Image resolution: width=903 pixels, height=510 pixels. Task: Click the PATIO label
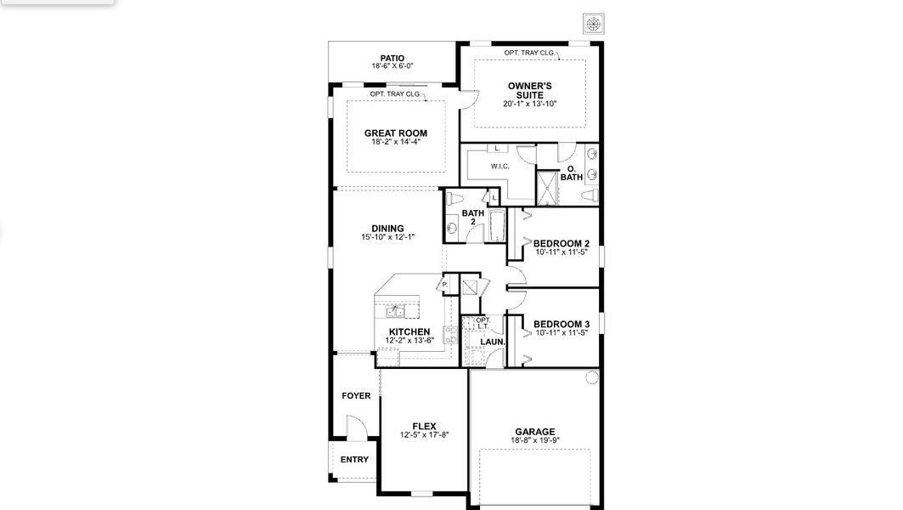point(392,59)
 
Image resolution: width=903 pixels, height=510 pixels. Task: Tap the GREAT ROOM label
point(395,133)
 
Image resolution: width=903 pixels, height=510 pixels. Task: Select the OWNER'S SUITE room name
point(530,90)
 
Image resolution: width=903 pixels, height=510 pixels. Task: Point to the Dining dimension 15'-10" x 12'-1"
point(387,237)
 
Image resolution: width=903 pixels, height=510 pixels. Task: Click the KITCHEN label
point(409,331)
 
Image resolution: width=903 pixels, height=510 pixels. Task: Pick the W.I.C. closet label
point(499,166)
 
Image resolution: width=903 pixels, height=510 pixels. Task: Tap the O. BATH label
point(572,173)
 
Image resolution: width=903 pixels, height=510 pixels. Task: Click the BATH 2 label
point(473,217)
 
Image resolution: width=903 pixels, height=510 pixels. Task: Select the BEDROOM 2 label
point(561,244)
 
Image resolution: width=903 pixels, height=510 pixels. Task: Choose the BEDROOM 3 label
point(561,325)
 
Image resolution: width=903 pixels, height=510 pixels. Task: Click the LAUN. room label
point(493,342)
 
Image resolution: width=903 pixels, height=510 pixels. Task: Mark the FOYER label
point(356,396)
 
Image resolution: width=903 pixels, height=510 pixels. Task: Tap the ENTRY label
point(354,460)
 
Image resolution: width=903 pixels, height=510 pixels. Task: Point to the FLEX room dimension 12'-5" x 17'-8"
point(424,434)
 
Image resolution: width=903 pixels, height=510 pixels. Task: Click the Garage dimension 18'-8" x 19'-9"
point(534,440)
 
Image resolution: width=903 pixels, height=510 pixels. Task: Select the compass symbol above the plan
point(593,23)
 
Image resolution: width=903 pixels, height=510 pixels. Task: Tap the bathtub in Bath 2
point(497,226)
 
